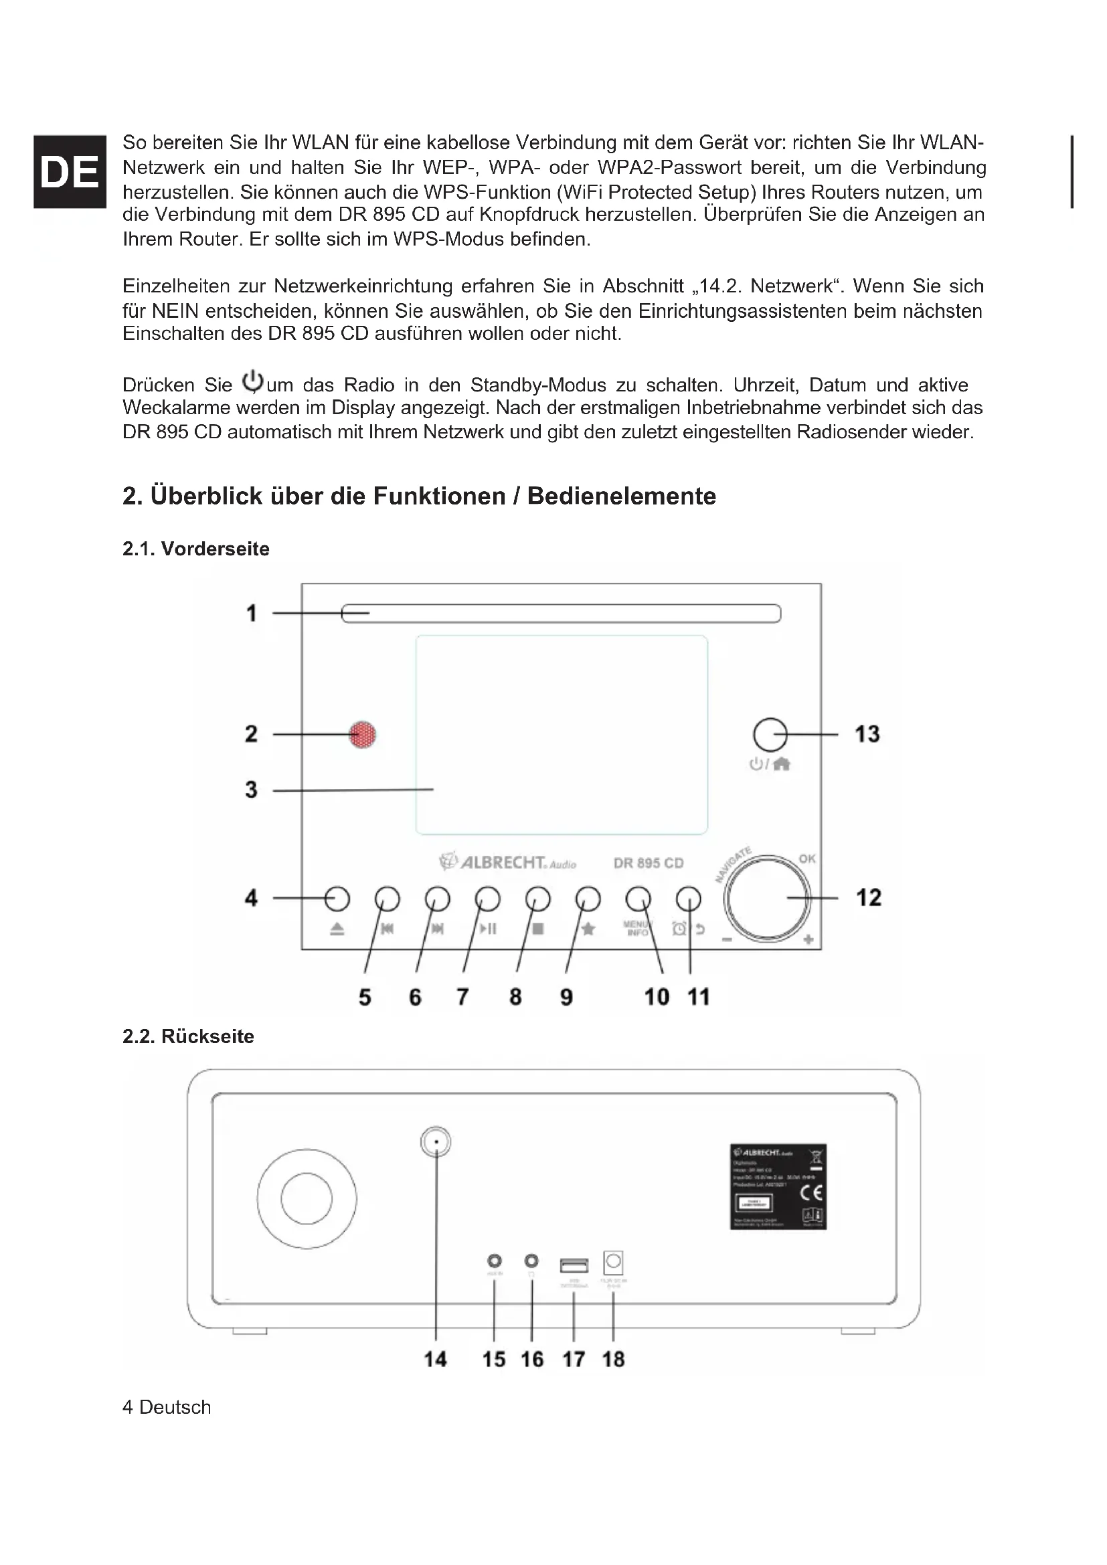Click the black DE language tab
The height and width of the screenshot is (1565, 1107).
coord(69,171)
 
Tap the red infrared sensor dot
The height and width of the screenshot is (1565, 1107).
coord(363,735)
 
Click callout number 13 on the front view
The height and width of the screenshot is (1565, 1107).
coord(867,734)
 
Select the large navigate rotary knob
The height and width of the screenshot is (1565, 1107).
coord(768,899)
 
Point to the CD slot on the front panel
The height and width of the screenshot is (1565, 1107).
coord(561,614)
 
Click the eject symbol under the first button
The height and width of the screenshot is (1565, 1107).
coord(337,929)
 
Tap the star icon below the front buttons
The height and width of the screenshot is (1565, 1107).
coord(588,929)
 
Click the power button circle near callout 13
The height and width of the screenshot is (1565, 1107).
coord(770,735)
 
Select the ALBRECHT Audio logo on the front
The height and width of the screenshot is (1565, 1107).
coord(508,862)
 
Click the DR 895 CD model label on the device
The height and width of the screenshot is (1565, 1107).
coord(649,863)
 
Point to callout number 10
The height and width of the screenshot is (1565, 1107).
coord(657,997)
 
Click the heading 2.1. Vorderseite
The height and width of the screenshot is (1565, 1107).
coord(195,549)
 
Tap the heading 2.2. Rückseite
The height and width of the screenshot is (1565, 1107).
coord(188,1036)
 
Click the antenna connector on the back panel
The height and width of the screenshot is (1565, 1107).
coord(436,1141)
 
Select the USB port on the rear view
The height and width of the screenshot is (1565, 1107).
coord(574,1266)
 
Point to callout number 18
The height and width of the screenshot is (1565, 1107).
coord(614,1359)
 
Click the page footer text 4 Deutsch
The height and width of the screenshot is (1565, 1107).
coord(167,1407)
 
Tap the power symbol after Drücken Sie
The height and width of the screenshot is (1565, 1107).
coord(253,381)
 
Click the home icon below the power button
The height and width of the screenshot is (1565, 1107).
coord(782,764)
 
